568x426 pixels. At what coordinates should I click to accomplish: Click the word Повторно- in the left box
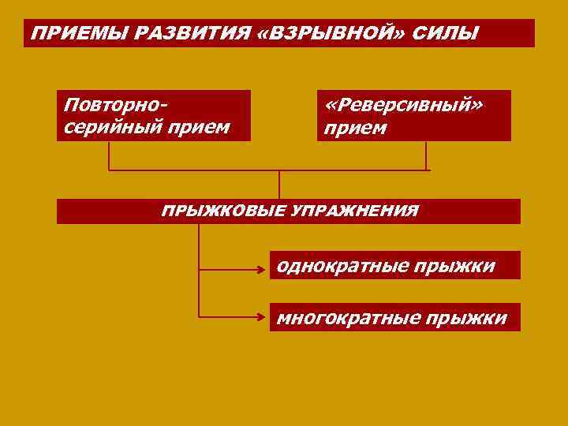[118, 104]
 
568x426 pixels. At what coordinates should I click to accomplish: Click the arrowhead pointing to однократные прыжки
[264, 269]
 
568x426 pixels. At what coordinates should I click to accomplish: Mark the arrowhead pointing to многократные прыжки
[264, 317]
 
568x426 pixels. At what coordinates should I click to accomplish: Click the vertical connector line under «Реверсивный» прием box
[426, 155]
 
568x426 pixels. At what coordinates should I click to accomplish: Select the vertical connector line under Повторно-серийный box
[109, 155]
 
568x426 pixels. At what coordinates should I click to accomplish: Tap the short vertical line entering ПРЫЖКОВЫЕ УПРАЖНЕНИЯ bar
[279, 185]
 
